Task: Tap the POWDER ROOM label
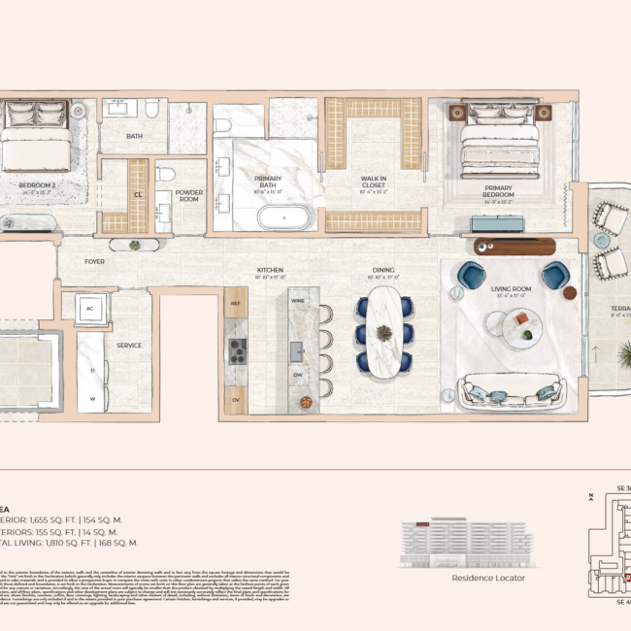[188, 196]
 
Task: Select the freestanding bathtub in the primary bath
[284, 215]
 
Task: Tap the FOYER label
[94, 261]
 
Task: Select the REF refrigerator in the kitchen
[235, 304]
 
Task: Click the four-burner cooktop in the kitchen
[237, 349]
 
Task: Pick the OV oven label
[235, 399]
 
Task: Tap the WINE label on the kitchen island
[296, 302]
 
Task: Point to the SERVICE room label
[129, 345]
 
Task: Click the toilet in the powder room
[165, 176]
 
